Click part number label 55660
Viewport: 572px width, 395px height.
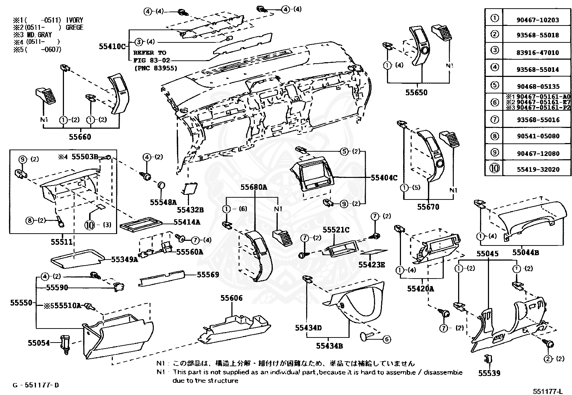(x=80, y=137)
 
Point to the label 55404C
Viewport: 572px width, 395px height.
(x=384, y=178)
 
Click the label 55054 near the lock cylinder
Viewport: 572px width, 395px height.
(x=39, y=343)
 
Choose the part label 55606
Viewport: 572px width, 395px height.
(x=231, y=298)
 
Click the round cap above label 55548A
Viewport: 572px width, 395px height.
(x=162, y=185)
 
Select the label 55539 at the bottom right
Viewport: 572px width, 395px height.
(x=489, y=373)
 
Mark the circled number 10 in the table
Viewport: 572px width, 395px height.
(x=495, y=169)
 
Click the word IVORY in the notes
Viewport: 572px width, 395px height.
(x=75, y=20)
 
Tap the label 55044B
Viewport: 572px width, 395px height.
(x=525, y=252)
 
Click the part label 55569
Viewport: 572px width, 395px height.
(x=208, y=275)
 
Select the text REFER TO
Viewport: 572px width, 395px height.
(x=150, y=53)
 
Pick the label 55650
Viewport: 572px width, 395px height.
(x=416, y=92)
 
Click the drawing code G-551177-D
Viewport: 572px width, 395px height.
(x=36, y=385)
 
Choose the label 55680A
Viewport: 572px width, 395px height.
(x=254, y=187)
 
